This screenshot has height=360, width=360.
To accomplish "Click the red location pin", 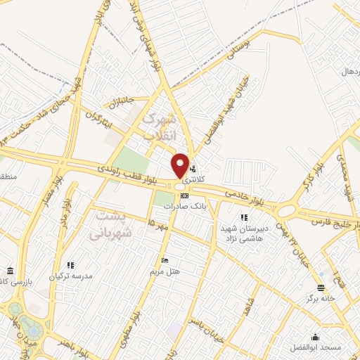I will [180, 165].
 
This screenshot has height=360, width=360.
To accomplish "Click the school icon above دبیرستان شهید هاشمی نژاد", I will [244, 218].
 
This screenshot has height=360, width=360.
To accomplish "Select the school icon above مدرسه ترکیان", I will [70, 265].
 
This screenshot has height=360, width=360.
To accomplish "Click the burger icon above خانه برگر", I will [321, 288].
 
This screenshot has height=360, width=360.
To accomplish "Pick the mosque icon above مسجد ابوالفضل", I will [315, 337].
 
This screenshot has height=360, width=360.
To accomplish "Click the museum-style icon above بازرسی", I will [9, 271].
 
